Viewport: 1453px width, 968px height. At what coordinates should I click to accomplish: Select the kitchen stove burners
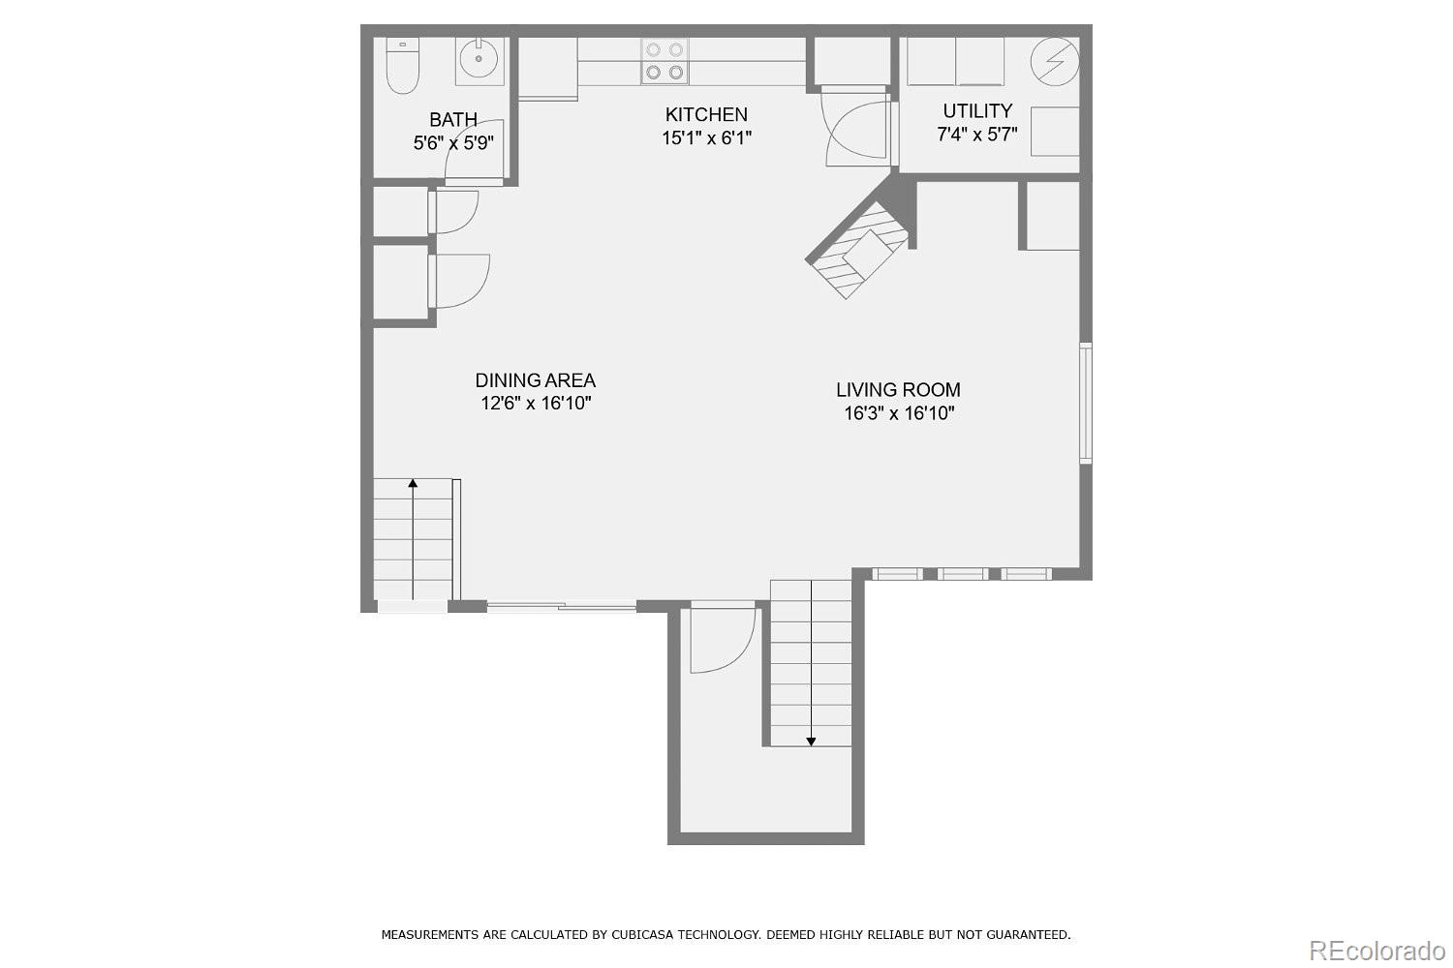click(x=664, y=60)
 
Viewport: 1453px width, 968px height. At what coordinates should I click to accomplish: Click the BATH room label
click(x=453, y=120)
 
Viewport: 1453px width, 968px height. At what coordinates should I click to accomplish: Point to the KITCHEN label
click(x=706, y=114)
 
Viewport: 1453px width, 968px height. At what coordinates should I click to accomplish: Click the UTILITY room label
click(x=977, y=110)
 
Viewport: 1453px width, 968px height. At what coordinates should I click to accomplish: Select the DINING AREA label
click(x=535, y=380)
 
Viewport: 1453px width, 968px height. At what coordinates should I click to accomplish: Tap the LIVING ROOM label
click(x=898, y=390)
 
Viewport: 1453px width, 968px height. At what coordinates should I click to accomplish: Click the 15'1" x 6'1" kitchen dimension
click(x=706, y=138)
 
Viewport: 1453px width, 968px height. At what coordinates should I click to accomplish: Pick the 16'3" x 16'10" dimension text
click(x=898, y=413)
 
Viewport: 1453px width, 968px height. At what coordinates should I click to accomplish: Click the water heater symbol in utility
click(x=1054, y=62)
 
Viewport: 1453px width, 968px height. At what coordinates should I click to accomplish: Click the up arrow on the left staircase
click(x=414, y=482)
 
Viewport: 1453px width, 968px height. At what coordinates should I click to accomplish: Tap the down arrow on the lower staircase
click(x=811, y=741)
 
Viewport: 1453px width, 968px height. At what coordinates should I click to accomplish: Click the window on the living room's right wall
click(x=1086, y=403)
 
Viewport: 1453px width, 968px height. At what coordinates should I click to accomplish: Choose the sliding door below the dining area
click(x=561, y=607)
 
